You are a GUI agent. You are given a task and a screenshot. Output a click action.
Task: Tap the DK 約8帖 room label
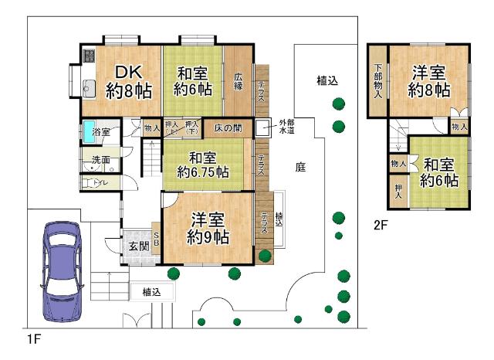[x=127, y=81]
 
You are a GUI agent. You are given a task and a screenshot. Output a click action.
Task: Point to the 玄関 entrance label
[x=139, y=246]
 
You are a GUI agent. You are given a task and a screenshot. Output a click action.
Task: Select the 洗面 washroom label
[x=100, y=161]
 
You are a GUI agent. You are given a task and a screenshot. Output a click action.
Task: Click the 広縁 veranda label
[x=239, y=81]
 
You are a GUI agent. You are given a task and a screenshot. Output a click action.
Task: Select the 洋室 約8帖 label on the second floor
[x=429, y=81]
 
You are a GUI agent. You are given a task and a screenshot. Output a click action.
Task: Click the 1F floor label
[x=32, y=338]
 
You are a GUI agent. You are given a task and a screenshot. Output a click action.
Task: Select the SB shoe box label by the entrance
[x=156, y=239]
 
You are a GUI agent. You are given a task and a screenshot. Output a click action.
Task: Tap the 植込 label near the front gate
[x=151, y=292]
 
